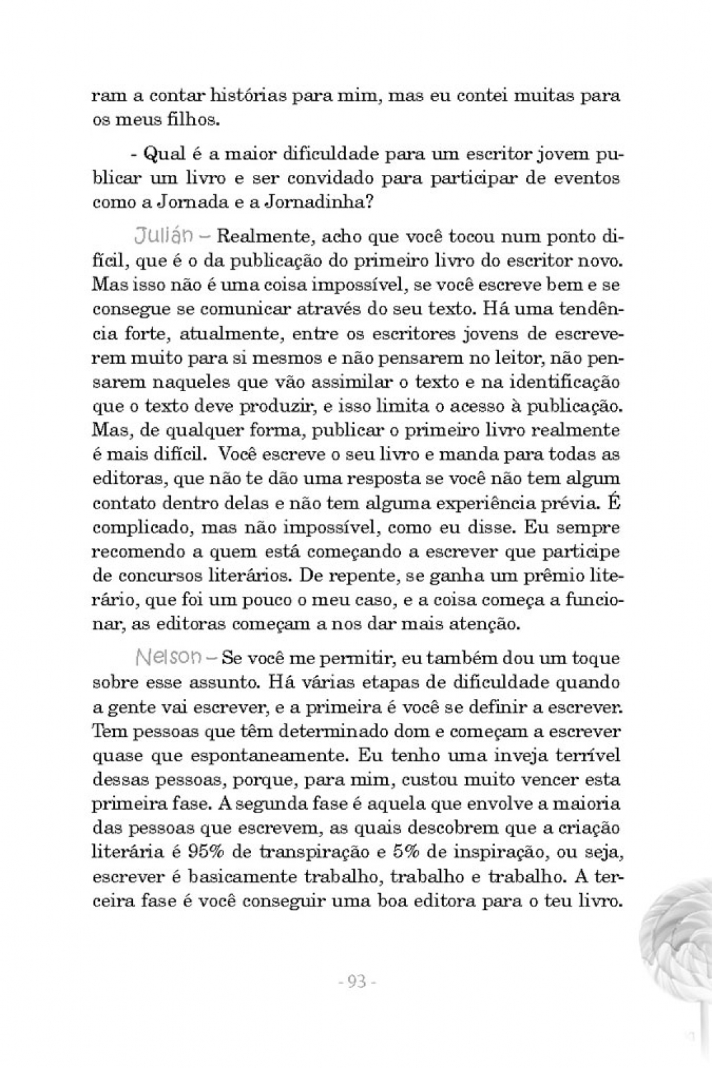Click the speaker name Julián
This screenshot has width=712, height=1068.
coord(164,236)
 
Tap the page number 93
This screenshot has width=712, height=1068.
coord(357,982)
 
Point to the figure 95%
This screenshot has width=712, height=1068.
coord(208,852)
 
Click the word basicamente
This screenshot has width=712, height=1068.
coord(256,876)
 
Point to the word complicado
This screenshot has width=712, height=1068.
coord(134,527)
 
